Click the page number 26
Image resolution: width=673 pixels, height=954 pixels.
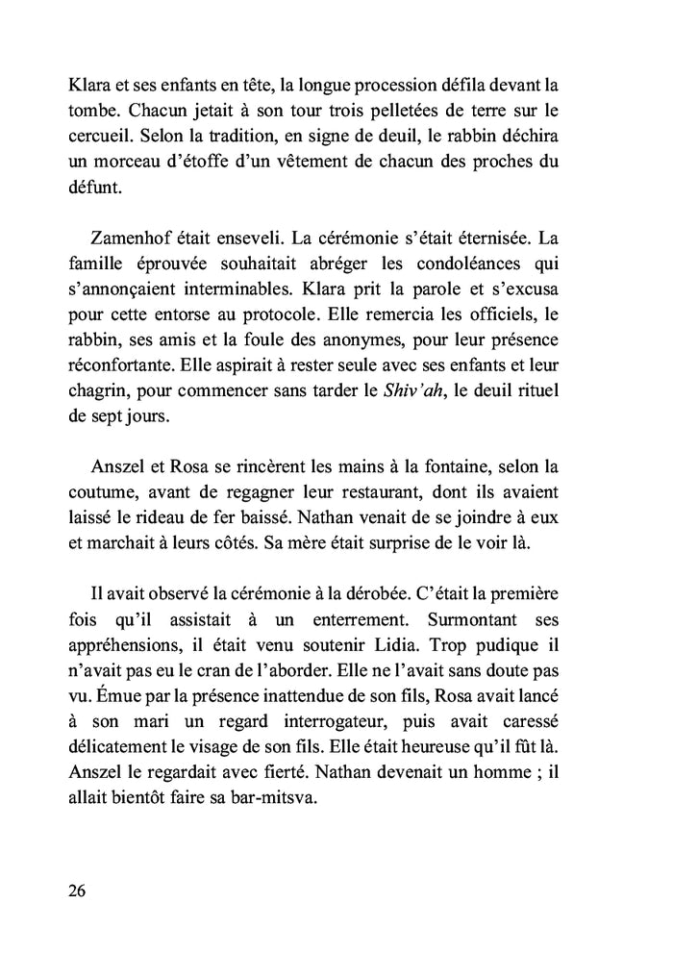point(78,890)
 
